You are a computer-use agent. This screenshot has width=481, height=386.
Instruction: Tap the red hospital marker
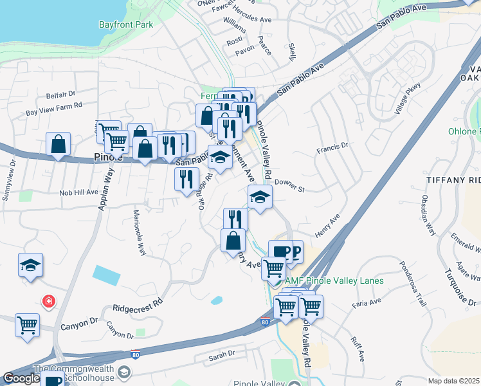click(48, 300)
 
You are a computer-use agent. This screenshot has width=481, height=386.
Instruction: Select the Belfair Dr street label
click(61, 95)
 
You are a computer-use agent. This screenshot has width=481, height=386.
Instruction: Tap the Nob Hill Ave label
click(78, 192)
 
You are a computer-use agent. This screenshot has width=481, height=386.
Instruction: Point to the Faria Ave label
click(367, 301)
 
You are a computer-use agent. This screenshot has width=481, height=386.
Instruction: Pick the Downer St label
click(289, 185)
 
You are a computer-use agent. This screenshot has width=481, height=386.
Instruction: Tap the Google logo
click(21, 378)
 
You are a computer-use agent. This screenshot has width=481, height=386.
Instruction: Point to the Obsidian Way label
click(428, 215)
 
